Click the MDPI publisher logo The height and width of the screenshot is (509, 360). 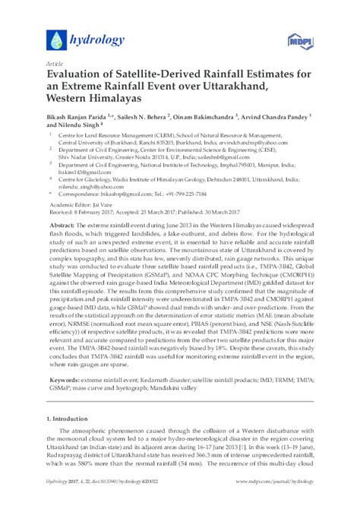click(300, 39)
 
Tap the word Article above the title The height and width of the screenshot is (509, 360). click(55, 65)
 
